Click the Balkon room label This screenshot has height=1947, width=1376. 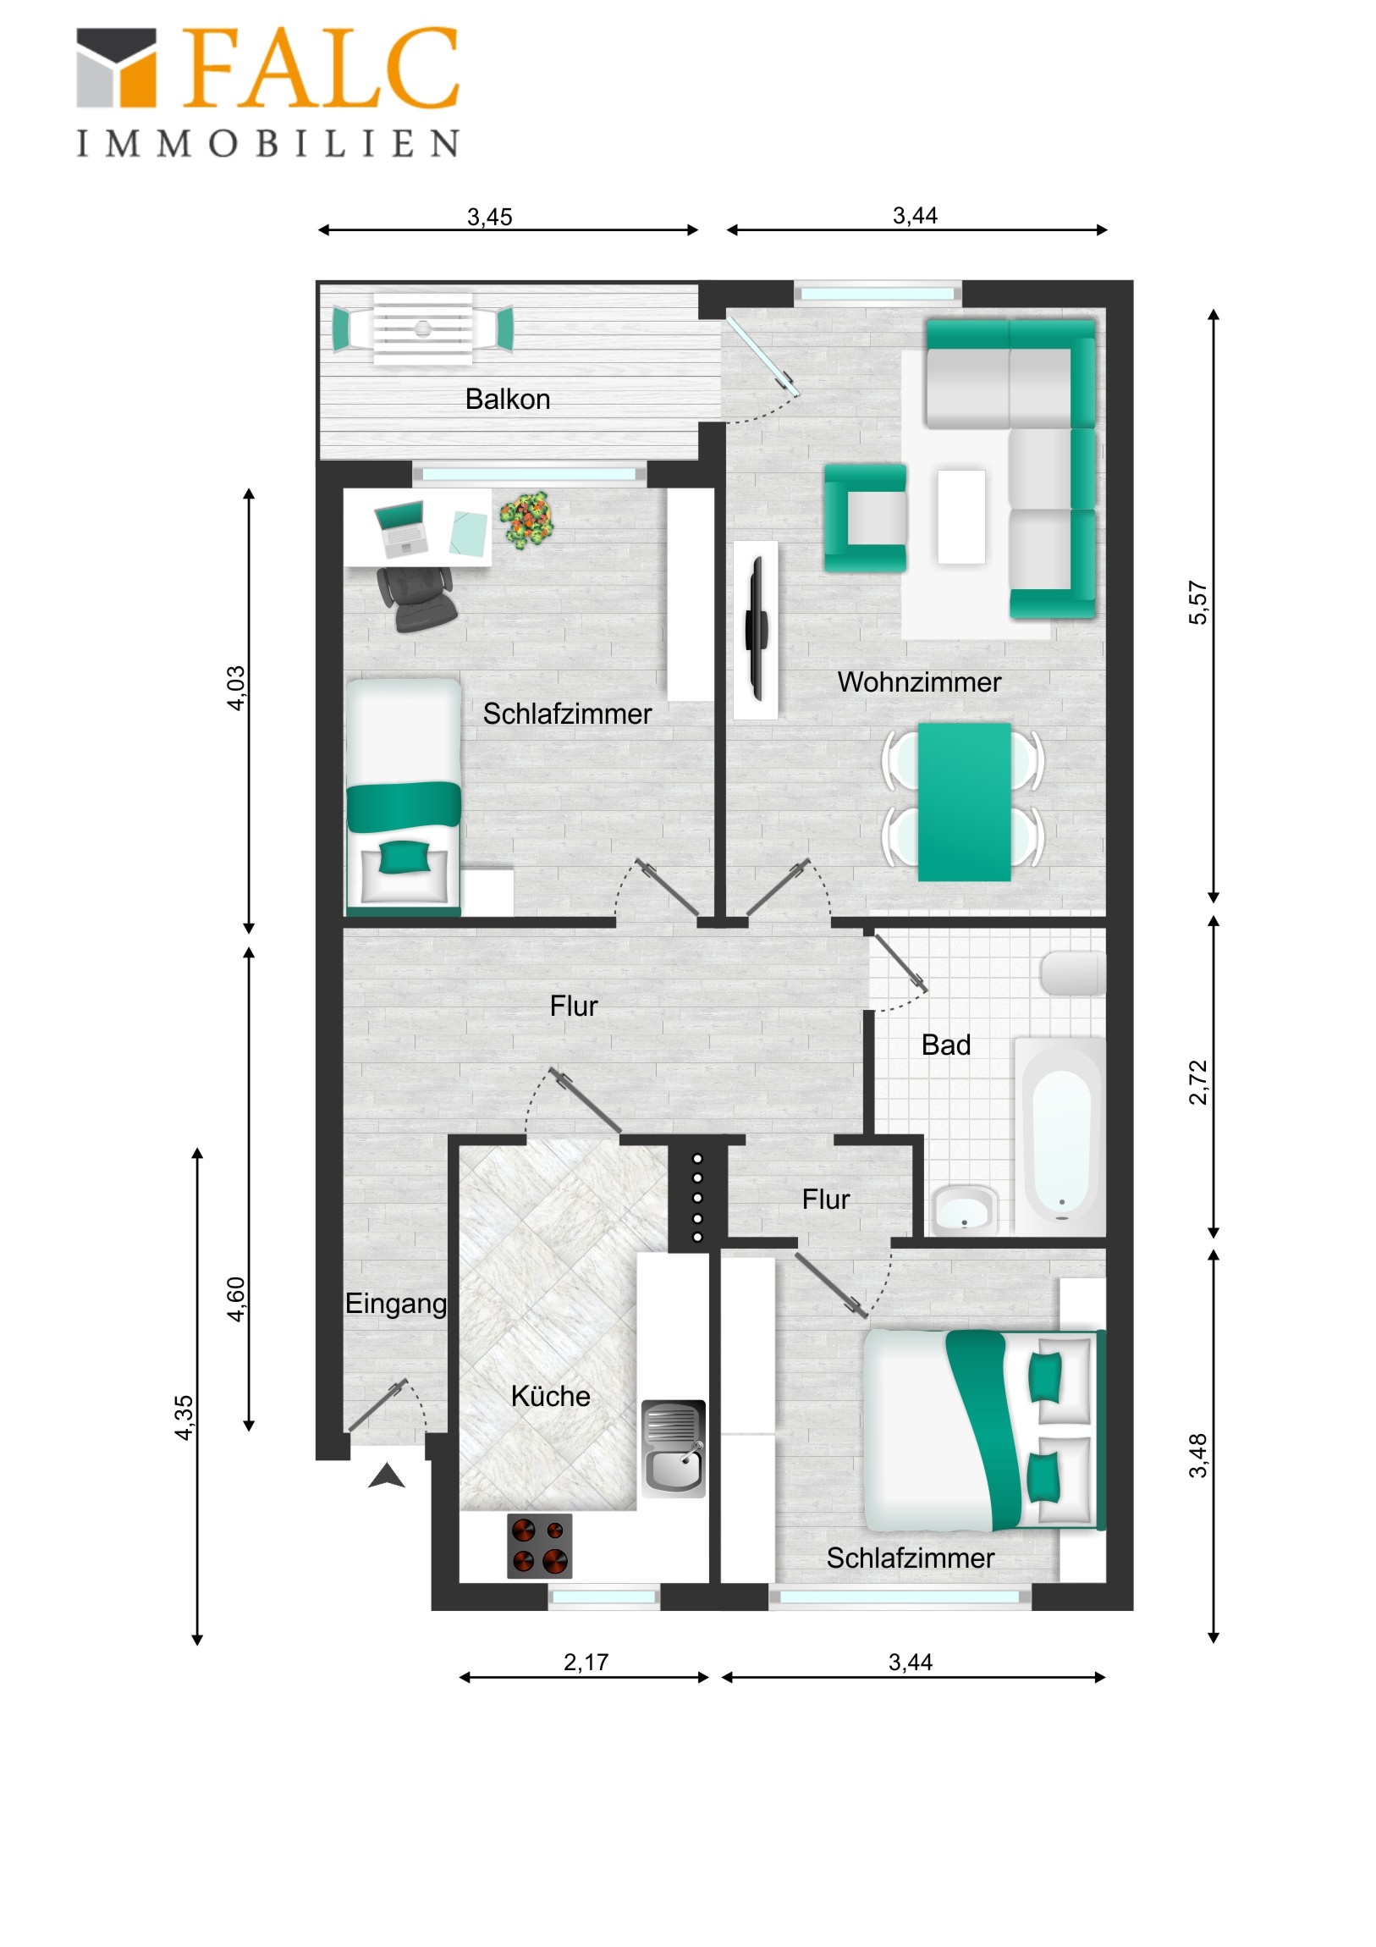pos(507,399)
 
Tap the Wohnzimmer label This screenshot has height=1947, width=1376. pos(918,681)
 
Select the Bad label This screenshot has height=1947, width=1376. pos(945,1045)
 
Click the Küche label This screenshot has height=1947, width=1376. pos(550,1396)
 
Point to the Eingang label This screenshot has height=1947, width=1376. pos(395,1304)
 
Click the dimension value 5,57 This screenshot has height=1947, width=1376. pos(1197,603)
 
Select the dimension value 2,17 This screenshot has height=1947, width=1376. pos(586,1662)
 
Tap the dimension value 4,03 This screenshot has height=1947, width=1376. pos(236,687)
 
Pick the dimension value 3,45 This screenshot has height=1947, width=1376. pos(489,217)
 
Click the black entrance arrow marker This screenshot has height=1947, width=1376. pos(387,1476)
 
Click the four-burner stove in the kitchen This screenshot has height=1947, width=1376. pos(539,1545)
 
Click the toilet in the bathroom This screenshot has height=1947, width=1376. pos(1073,973)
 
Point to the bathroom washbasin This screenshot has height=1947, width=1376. pos(964,1208)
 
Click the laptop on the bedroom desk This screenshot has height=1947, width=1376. pos(401,526)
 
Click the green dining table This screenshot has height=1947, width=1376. pos(964,802)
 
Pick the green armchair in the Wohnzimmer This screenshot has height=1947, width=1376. pos(866,517)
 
